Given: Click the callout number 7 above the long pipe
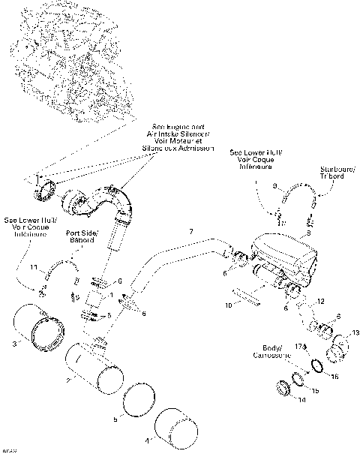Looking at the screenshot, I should coord(190,230).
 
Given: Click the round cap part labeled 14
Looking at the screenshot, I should coord(283,388).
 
